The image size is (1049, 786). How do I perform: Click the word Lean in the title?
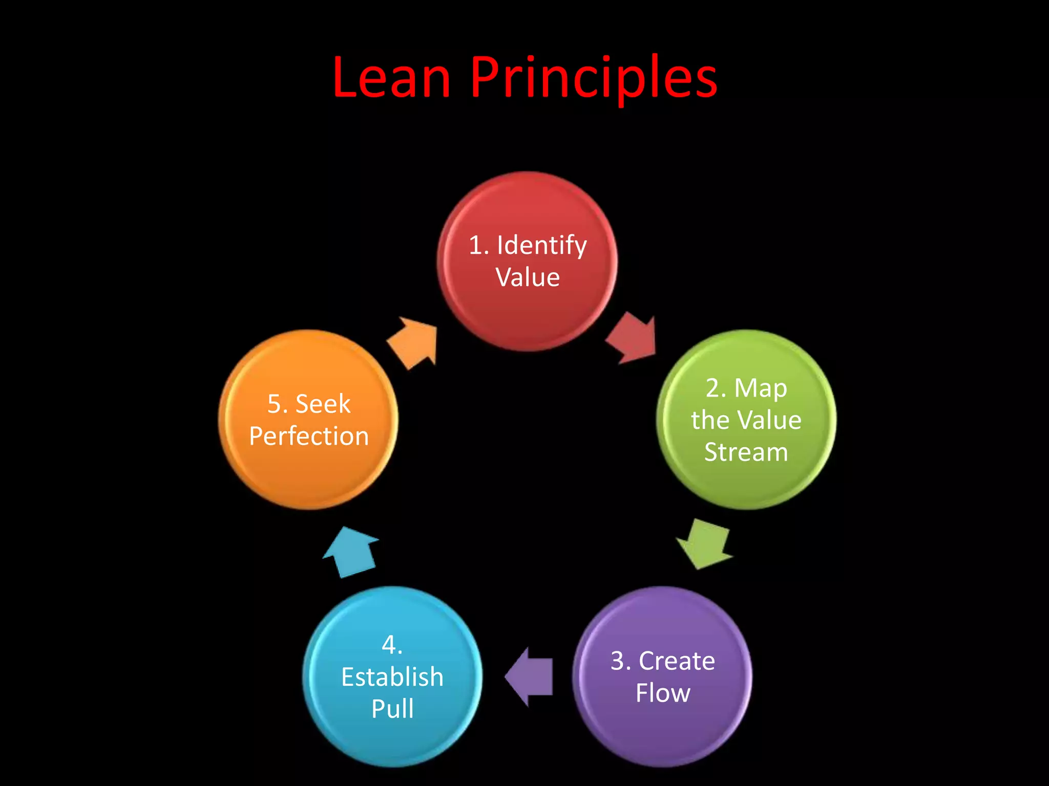click(391, 78)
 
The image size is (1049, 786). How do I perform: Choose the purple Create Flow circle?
click(662, 732)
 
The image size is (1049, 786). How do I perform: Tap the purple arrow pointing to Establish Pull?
click(530, 676)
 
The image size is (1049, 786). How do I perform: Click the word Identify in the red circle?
click(541, 246)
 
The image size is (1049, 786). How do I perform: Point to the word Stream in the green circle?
click(746, 452)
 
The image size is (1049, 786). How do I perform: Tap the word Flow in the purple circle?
click(663, 693)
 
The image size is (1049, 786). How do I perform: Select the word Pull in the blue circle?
click(392, 709)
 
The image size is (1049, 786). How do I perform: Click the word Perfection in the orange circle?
click(309, 436)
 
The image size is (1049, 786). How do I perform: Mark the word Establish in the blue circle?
click(392, 677)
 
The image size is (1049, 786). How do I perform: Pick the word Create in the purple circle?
click(677, 661)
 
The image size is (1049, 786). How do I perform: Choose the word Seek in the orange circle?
click(323, 404)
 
